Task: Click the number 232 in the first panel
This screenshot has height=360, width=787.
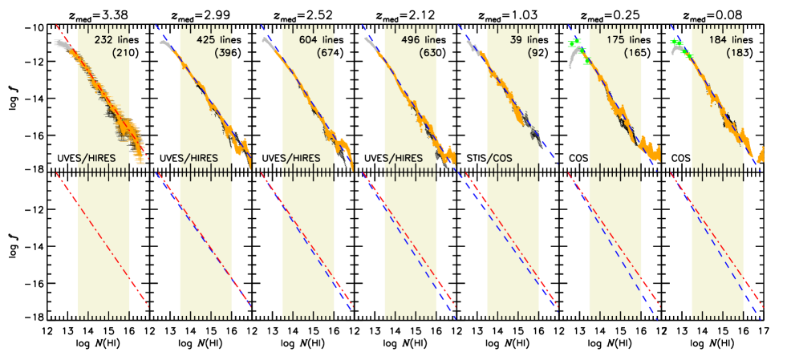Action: pyautogui.click(x=104, y=39)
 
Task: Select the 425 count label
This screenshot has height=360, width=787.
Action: pyautogui.click(x=206, y=39)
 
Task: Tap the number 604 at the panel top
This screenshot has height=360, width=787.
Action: pyautogui.click(x=308, y=39)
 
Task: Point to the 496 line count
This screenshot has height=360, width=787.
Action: pyautogui.click(x=410, y=39)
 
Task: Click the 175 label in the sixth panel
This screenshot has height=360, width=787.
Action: pyautogui.click(x=615, y=39)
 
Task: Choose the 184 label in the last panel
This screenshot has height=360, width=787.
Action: pyautogui.click(x=718, y=39)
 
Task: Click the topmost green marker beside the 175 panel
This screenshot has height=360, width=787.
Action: pyautogui.click(x=574, y=42)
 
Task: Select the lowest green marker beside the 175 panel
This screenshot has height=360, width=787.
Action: pyautogui.click(x=586, y=61)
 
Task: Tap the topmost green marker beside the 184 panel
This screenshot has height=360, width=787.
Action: pyautogui.click(x=675, y=42)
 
